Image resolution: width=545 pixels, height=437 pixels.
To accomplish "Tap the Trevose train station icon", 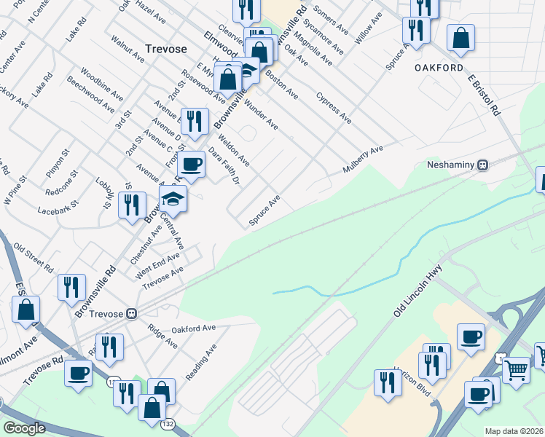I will [131, 314].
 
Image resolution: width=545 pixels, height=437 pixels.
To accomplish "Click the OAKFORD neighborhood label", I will [439, 68].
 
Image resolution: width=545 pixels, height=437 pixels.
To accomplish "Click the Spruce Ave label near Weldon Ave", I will [264, 210].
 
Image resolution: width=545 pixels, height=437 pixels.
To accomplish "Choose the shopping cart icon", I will [517, 369].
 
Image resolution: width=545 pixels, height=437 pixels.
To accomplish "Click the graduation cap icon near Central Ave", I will [173, 198].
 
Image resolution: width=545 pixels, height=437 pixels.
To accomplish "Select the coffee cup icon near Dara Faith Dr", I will [191, 165].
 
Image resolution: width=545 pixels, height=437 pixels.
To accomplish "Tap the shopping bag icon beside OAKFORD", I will [460, 39].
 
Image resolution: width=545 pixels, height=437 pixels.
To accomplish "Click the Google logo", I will [24, 428].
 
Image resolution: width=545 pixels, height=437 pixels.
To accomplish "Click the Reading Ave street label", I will [201, 362].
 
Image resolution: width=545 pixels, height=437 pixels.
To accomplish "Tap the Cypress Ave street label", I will [334, 108].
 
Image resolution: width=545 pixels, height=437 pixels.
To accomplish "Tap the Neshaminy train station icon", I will [482, 165].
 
